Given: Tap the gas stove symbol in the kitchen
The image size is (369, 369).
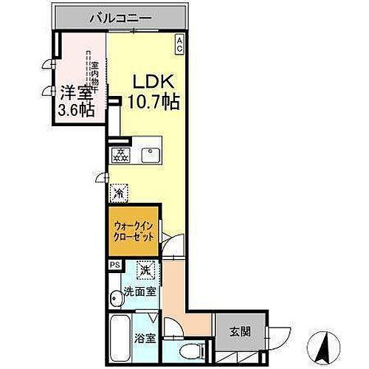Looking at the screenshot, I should pos(119,154).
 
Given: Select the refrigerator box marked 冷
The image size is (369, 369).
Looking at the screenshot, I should pos(119,193).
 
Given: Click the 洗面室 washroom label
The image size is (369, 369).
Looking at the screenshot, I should pos(139,291).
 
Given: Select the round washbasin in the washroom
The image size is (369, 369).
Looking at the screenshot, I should pos(117,298).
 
